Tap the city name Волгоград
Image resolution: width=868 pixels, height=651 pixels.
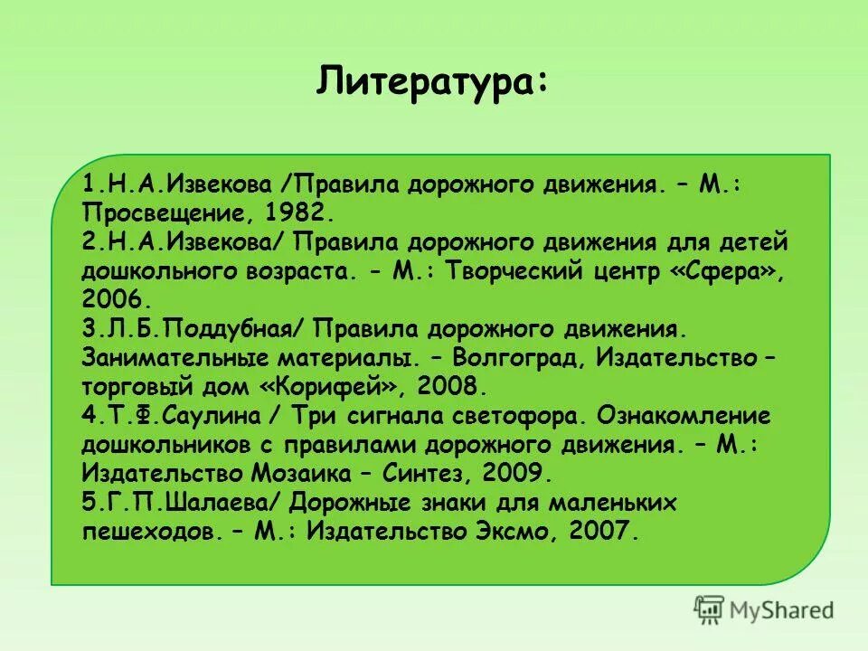[516, 357]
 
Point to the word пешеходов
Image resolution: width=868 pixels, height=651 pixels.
[148, 531]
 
